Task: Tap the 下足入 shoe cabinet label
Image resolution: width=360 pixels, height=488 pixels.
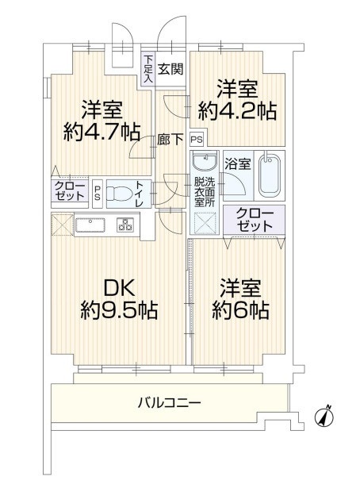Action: point(148,68)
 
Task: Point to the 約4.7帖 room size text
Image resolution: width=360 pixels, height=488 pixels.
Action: point(99,130)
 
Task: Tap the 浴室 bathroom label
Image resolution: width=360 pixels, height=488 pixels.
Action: point(238,165)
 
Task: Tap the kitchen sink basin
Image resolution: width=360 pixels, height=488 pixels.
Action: point(94,225)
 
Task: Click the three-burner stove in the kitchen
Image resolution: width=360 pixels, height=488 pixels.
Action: point(126,225)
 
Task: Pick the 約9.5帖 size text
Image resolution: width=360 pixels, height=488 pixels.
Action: point(118,310)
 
